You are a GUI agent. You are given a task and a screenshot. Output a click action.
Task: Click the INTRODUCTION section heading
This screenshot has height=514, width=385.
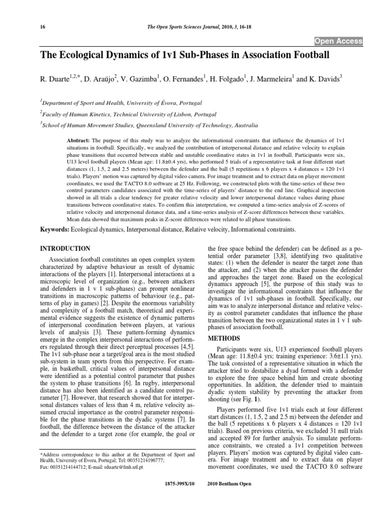[x=65, y=248]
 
